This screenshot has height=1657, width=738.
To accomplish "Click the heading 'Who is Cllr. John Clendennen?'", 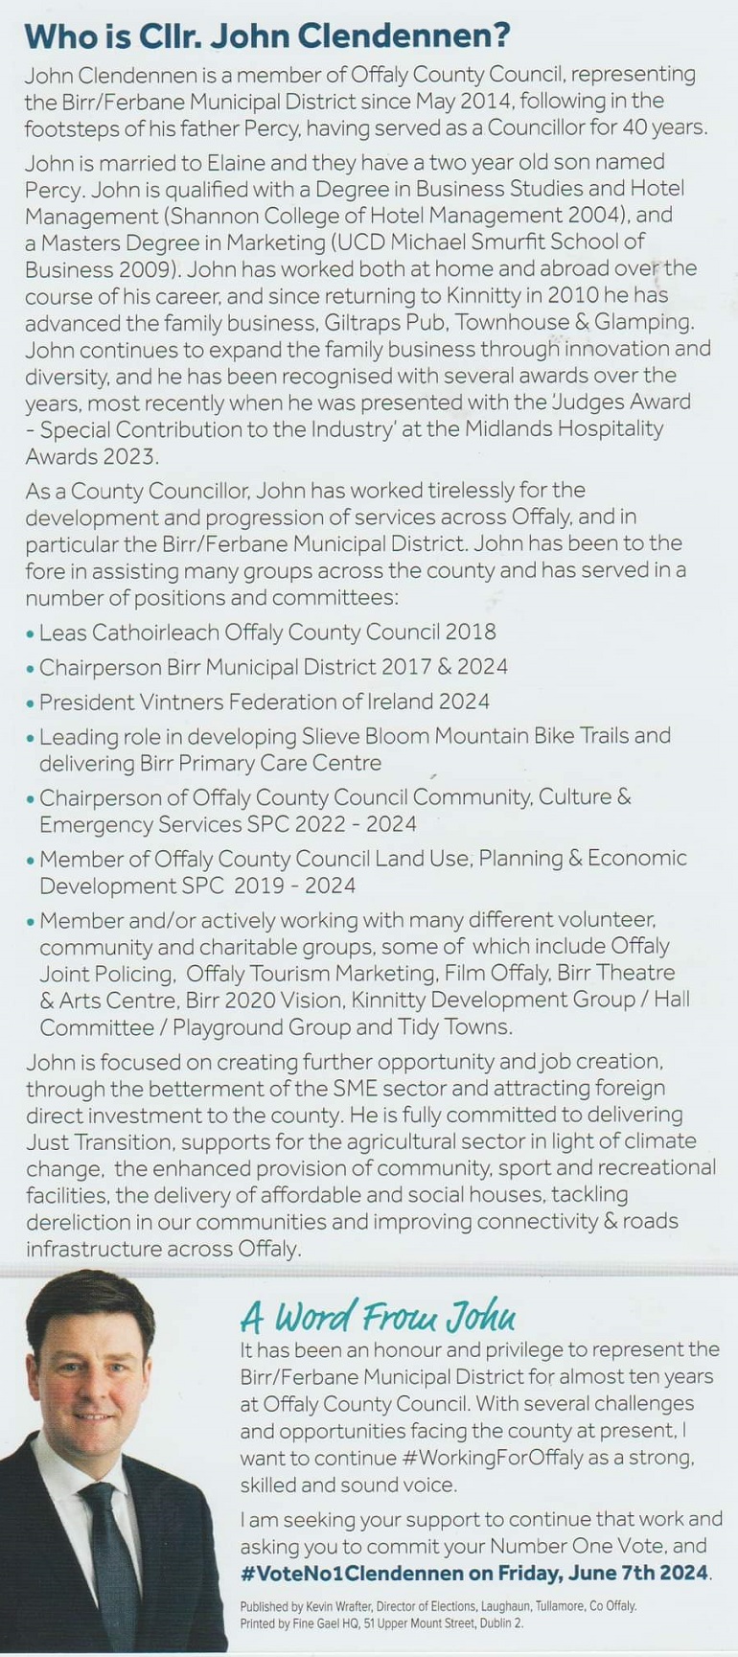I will [266, 36].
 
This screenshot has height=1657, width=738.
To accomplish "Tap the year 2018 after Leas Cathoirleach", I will [471, 633].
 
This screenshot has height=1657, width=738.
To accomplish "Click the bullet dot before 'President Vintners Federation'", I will [31, 702].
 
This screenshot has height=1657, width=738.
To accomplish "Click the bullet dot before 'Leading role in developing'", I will [31, 737].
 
